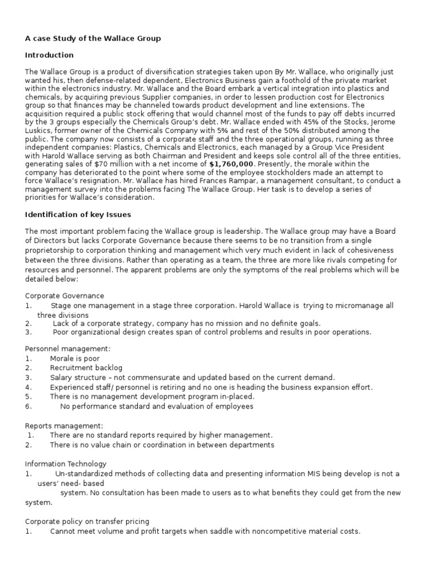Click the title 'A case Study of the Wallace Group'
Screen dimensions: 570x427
[x=93, y=38]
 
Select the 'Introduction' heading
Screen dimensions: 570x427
[x=49, y=56]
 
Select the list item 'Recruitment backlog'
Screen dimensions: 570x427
[x=86, y=368]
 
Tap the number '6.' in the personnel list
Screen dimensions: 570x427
[x=28, y=406]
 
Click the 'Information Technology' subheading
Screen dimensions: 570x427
[x=66, y=464]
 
